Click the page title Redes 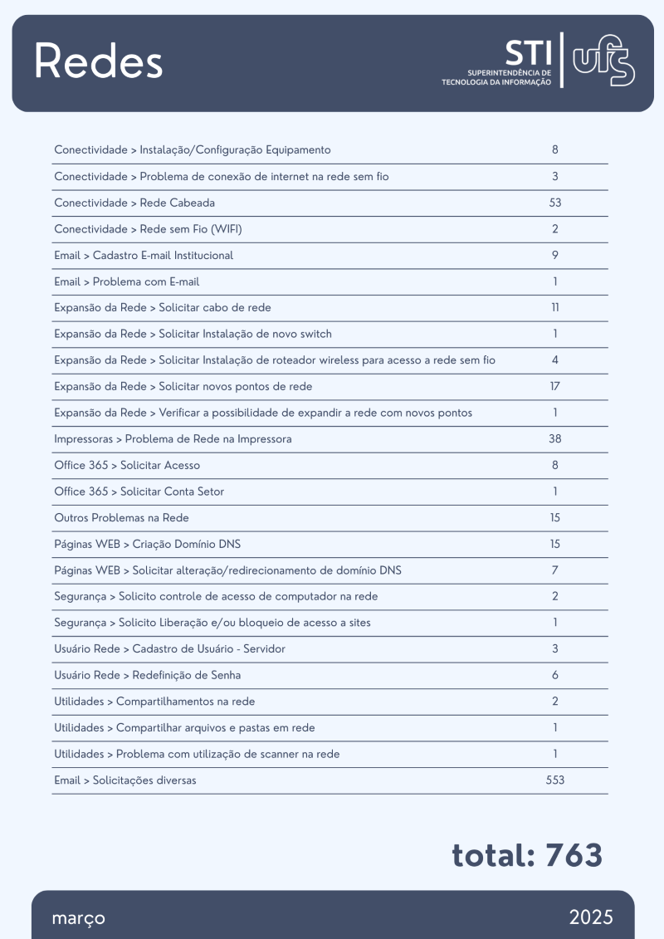[x=98, y=61]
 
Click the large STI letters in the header [x=527, y=53]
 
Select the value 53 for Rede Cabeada [x=555, y=203]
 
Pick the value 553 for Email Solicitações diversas [x=555, y=780]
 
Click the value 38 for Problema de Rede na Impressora [x=555, y=439]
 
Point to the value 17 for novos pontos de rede [x=555, y=387]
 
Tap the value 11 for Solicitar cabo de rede [x=555, y=308]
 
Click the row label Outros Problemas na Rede [x=121, y=518]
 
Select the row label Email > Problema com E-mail [x=126, y=281]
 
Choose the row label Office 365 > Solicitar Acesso [x=127, y=466]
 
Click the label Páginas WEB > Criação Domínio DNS [x=147, y=545]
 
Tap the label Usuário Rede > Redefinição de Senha [x=147, y=676]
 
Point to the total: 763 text [x=527, y=854]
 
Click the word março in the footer [x=78, y=918]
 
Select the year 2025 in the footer [x=591, y=917]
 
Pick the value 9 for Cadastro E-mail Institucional [x=555, y=256]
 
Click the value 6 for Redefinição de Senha [x=555, y=676]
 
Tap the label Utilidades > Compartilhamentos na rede [x=154, y=702]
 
